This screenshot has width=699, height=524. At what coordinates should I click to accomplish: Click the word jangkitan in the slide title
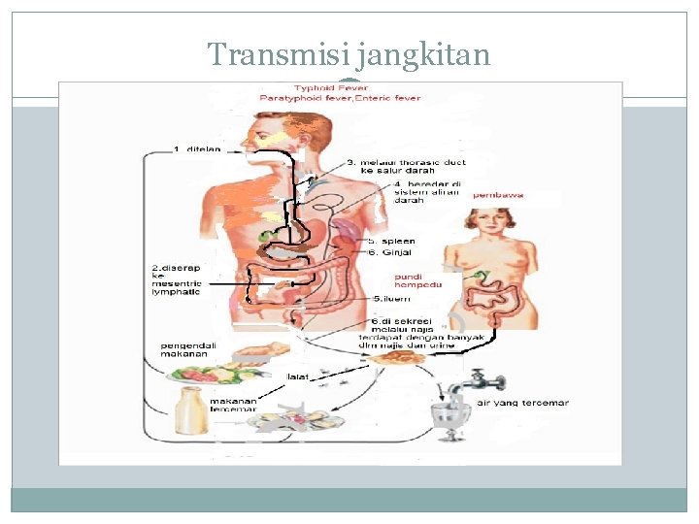[x=423, y=56]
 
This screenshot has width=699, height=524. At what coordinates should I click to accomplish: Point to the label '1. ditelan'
[x=197, y=148]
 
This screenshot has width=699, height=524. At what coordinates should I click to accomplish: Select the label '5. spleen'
[x=391, y=241]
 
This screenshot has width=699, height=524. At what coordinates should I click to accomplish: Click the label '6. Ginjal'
[x=389, y=252]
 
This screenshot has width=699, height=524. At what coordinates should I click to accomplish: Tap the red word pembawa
[x=499, y=195]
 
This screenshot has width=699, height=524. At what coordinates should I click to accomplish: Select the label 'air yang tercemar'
[x=522, y=403]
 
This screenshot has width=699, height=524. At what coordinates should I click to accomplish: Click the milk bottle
[x=189, y=409]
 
